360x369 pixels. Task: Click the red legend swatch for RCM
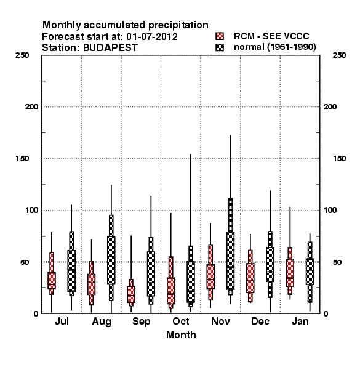pos(220,36)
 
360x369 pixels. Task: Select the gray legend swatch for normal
pos(220,47)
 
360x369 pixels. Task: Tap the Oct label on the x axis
pos(181,322)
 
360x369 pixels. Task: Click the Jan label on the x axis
pos(300,322)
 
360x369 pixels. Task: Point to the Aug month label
pos(102,322)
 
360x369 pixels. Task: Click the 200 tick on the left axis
pos(31,107)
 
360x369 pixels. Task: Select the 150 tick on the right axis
pos(339,159)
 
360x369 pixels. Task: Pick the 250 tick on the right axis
pos(339,55)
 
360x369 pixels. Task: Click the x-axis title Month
pos(181,335)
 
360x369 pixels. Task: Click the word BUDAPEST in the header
pos(110,48)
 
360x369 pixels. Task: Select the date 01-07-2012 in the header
pos(152,37)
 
